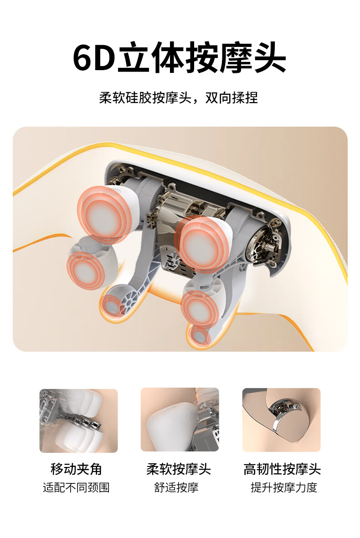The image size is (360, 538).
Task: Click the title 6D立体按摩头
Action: [x=180, y=57]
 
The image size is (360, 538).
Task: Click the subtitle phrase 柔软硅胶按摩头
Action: [x=145, y=98]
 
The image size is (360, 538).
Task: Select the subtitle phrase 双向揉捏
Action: [x=231, y=98]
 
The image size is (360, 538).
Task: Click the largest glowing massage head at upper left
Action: [x=103, y=215]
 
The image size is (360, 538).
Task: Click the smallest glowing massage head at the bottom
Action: [x=200, y=336]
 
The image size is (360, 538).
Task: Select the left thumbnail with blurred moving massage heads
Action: [x=78, y=420]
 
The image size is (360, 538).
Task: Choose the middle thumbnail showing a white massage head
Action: [x=180, y=420]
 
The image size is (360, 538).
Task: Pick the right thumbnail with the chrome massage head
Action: [x=282, y=420]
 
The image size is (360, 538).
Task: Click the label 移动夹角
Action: [x=76, y=469]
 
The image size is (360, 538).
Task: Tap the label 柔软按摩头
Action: [x=179, y=469]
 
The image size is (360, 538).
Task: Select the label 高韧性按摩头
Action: [x=282, y=469]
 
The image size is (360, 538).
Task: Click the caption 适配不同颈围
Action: [x=76, y=487]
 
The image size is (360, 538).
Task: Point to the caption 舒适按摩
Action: [x=176, y=487]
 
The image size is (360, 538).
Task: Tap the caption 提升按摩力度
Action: [x=284, y=487]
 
